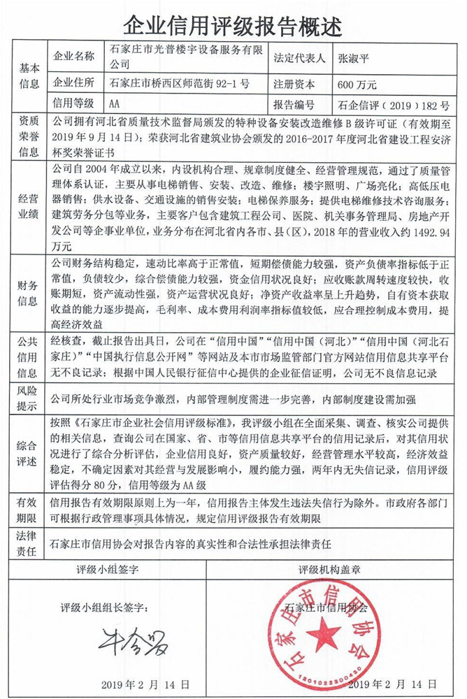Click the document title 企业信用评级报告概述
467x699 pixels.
tap(233, 25)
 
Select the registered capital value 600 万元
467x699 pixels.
tap(357, 85)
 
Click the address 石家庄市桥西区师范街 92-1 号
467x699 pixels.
tap(180, 85)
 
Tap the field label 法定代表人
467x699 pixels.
tap(301, 59)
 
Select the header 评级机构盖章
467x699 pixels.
tap(348, 569)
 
